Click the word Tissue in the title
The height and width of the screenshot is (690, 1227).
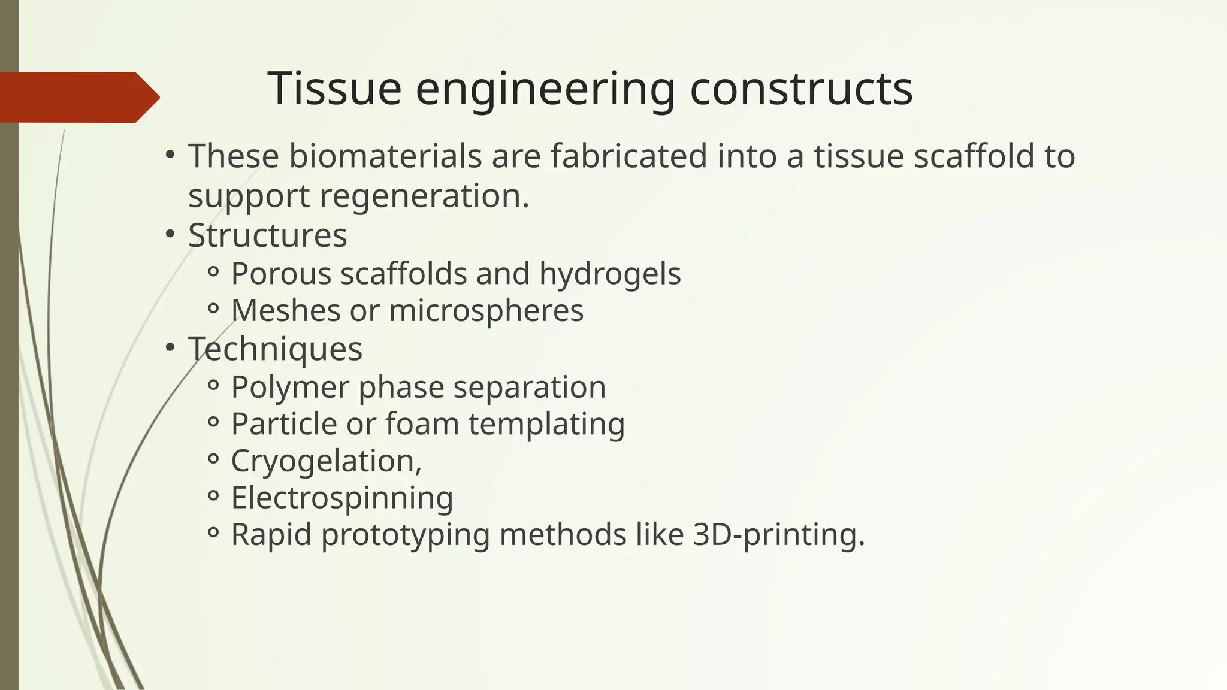(334, 89)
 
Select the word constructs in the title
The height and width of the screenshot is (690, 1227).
(801, 89)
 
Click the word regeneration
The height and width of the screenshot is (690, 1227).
(424, 196)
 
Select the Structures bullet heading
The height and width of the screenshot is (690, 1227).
(267, 235)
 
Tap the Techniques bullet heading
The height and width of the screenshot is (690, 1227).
(275, 349)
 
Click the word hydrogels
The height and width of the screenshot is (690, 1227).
(609, 274)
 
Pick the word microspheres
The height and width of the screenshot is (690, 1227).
(486, 311)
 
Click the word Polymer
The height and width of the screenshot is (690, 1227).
(290, 388)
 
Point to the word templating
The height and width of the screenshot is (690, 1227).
(546, 424)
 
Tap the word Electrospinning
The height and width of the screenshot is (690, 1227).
(341, 498)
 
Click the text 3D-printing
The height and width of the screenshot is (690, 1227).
(778, 534)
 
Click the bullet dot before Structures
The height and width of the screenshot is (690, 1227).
(170, 233)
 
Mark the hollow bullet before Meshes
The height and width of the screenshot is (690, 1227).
(213, 309)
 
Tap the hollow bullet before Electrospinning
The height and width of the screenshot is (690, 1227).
(213, 496)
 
